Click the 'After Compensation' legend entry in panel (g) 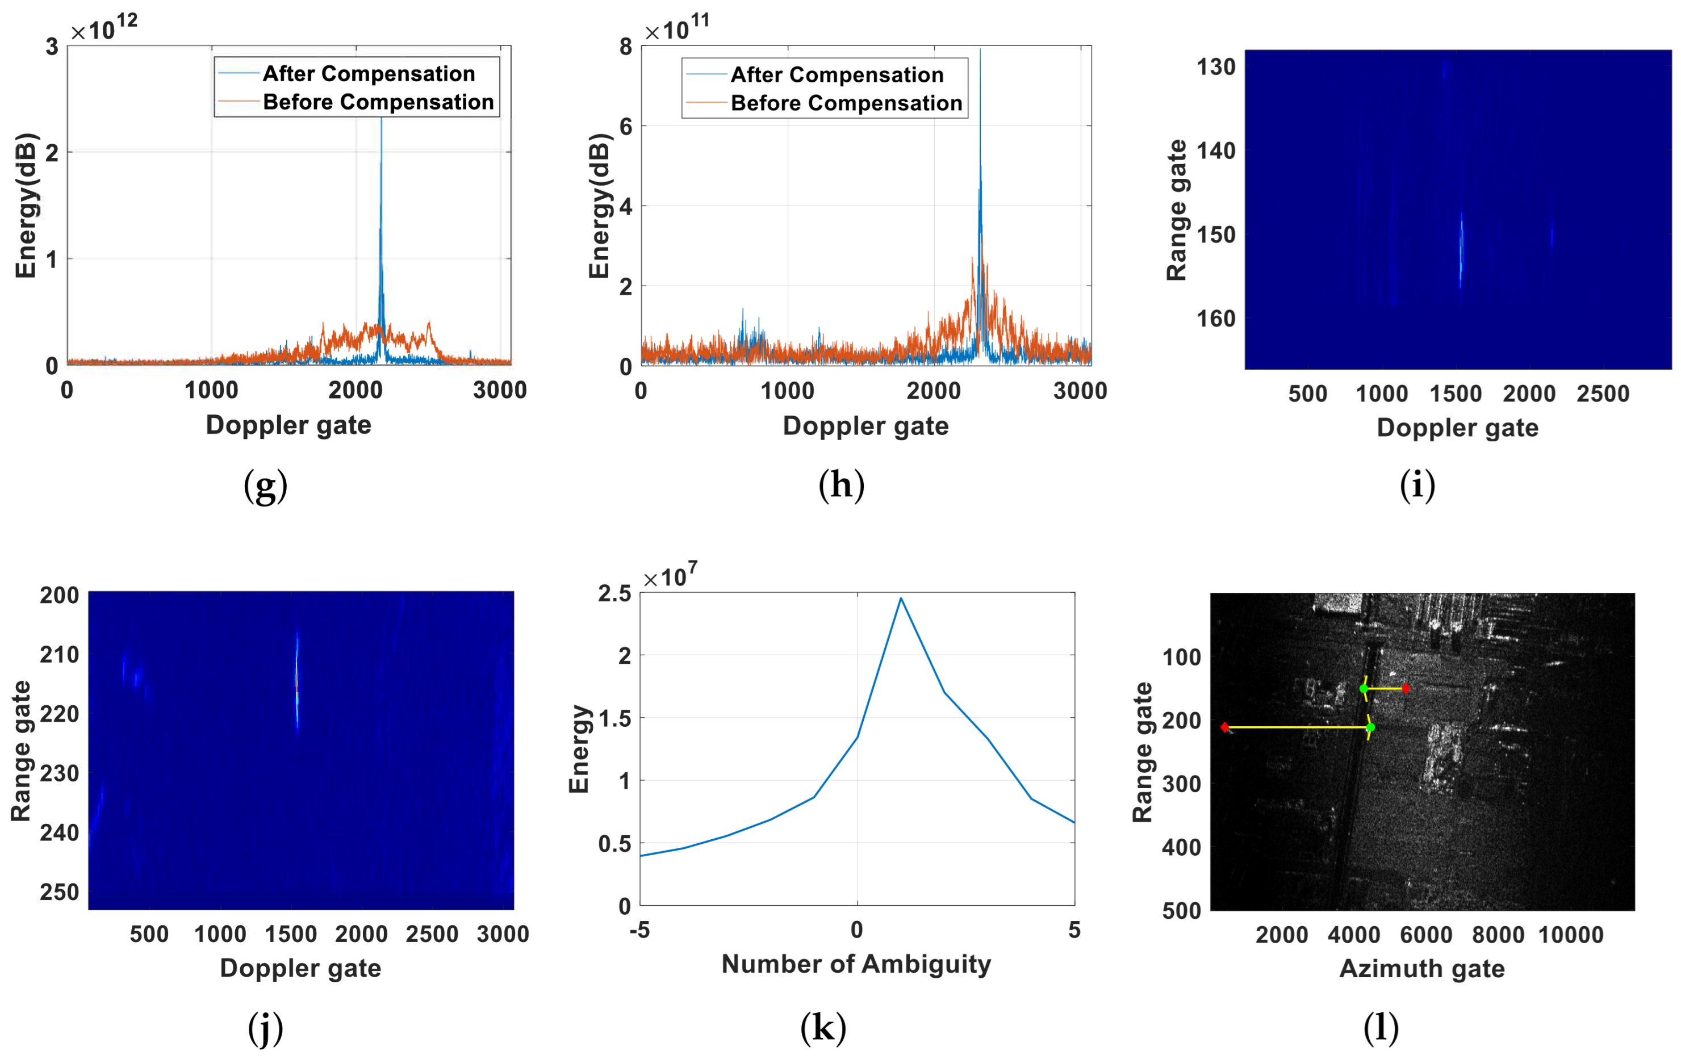click(x=369, y=73)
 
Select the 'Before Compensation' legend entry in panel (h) click(x=846, y=103)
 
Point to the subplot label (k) click(x=823, y=1028)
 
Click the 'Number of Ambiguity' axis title click(x=856, y=964)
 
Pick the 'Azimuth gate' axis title click(x=1422, y=969)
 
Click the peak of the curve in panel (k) click(x=901, y=598)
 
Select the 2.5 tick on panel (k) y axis click(x=614, y=593)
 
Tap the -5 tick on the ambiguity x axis click(x=639, y=930)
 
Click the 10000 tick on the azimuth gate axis click(x=1571, y=935)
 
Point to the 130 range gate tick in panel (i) click(x=1216, y=67)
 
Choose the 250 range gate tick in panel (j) click(x=59, y=892)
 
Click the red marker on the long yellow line click(x=1224, y=727)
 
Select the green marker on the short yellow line click(x=1364, y=689)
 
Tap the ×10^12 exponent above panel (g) click(x=104, y=28)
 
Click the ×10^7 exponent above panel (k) click(x=670, y=576)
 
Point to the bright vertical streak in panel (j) click(x=296, y=681)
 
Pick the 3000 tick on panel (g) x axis click(x=499, y=390)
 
